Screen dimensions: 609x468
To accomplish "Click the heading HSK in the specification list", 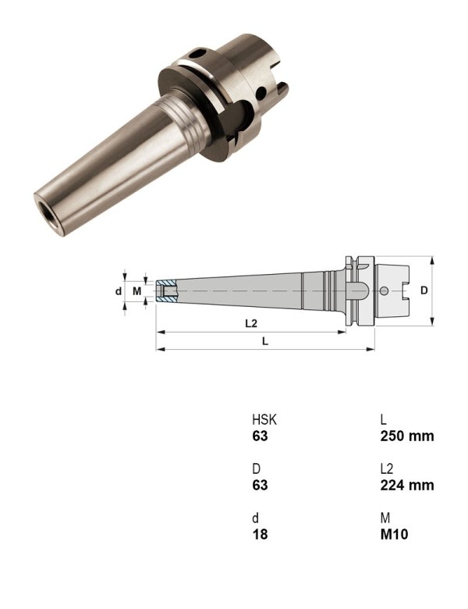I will coord(264,419).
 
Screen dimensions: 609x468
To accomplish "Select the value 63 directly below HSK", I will coord(260,436).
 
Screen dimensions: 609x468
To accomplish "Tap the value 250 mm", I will coord(406,436).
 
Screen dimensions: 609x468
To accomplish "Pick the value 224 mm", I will coord(406,485).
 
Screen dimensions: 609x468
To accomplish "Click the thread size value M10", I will coord(394,534).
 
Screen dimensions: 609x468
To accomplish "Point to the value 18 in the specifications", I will coord(259,534).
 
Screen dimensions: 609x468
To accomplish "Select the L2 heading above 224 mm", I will coord(387,468).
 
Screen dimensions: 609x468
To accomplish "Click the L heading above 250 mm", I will coord(383,419).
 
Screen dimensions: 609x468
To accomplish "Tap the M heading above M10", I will coord(385,518).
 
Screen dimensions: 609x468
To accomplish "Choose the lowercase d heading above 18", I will coord(255,518).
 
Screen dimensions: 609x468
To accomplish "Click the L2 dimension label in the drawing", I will coord(251,322).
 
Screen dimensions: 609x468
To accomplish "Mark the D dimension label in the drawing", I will coord(424,290).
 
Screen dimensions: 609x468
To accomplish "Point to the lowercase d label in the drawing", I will coord(118,291).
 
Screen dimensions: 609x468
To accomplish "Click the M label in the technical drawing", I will coord(137,291).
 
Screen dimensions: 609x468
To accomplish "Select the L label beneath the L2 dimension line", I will coord(265,340).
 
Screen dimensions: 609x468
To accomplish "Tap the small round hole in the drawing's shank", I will coord(384,291).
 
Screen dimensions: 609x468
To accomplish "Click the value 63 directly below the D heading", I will coord(260,485).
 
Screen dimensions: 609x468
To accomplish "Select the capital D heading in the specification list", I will coord(256,468).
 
